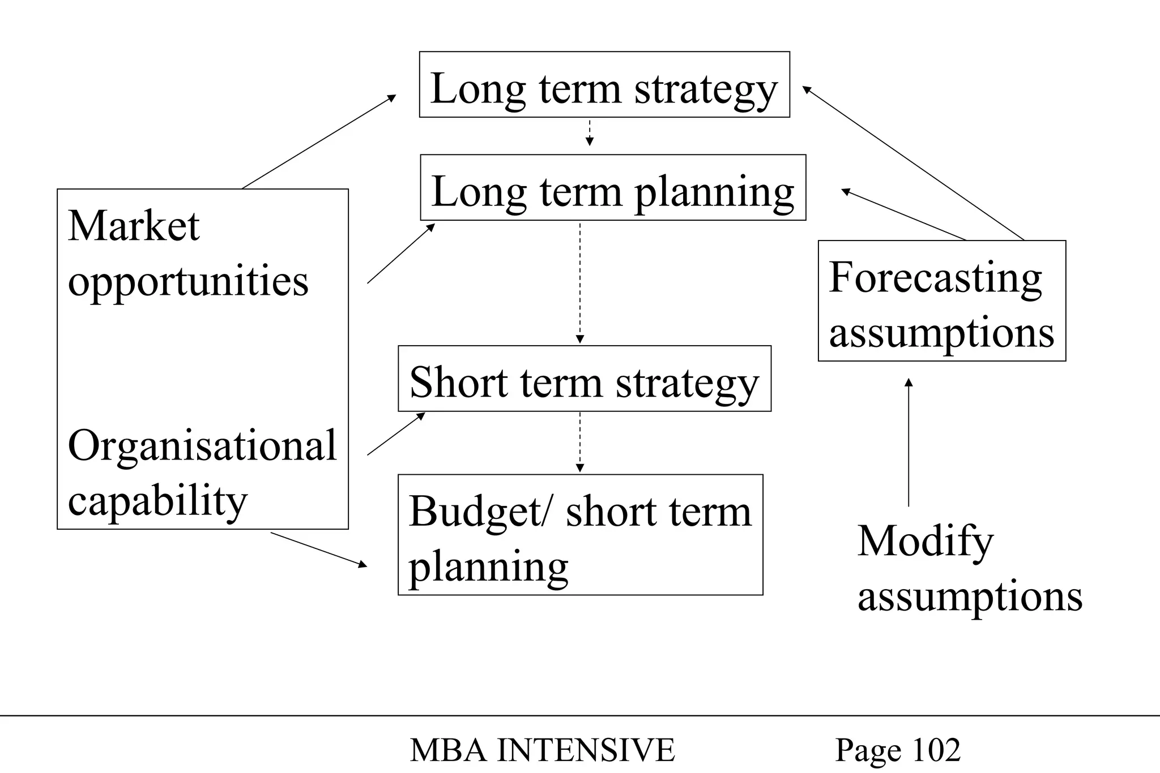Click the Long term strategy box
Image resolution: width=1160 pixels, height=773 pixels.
pos(604,85)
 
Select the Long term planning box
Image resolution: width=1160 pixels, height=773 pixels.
pos(613,187)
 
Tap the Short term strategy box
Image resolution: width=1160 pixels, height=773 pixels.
pos(585,379)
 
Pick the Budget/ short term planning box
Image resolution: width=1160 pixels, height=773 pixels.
pos(581,535)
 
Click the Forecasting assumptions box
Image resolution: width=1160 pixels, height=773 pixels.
pos(942,301)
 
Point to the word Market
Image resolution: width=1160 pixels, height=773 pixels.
pos(134,226)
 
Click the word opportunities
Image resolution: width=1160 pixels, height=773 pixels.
pos(188,281)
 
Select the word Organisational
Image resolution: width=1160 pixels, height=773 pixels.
pos(202,445)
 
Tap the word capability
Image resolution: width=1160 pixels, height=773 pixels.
pos(158,501)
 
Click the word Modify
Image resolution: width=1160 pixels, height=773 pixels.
pos(926,542)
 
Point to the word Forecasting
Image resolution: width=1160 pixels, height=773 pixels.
pos(935,277)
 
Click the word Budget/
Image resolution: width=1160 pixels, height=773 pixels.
pos(479,512)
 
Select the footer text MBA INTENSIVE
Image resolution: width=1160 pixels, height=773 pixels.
pos(542,750)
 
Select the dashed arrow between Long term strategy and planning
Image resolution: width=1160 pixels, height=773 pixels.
pos(590,132)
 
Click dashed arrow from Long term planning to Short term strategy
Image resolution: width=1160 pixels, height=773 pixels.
pos(579,283)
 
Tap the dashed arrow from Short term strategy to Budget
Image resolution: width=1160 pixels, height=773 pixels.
pos(579,442)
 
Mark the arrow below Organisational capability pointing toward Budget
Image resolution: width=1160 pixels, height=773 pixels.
pos(319,549)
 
